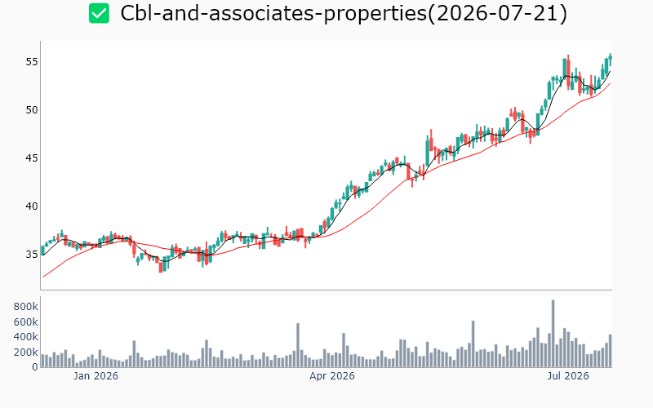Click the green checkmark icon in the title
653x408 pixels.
[99, 13]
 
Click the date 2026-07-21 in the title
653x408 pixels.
[497, 14]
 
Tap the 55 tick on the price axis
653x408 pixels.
[32, 62]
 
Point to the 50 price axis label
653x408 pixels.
[32, 110]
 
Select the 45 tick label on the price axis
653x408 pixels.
[32, 158]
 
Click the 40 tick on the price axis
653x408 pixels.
[32, 206]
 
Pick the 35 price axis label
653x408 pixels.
[32, 255]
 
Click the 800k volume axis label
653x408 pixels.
[26, 308]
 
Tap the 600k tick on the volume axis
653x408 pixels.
[26, 322]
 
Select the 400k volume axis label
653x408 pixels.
[26, 337]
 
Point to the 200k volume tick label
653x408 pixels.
[26, 353]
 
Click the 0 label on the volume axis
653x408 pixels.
[35, 367]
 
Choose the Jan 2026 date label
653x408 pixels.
[96, 376]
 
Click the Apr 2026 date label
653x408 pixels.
[332, 376]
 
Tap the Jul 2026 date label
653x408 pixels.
[568, 376]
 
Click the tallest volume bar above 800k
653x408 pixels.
[553, 334]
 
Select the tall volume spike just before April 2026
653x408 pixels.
[298, 345]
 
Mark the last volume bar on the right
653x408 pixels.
[610, 351]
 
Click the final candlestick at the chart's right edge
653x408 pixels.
[611, 60]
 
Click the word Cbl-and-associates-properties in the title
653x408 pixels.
[273, 14]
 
